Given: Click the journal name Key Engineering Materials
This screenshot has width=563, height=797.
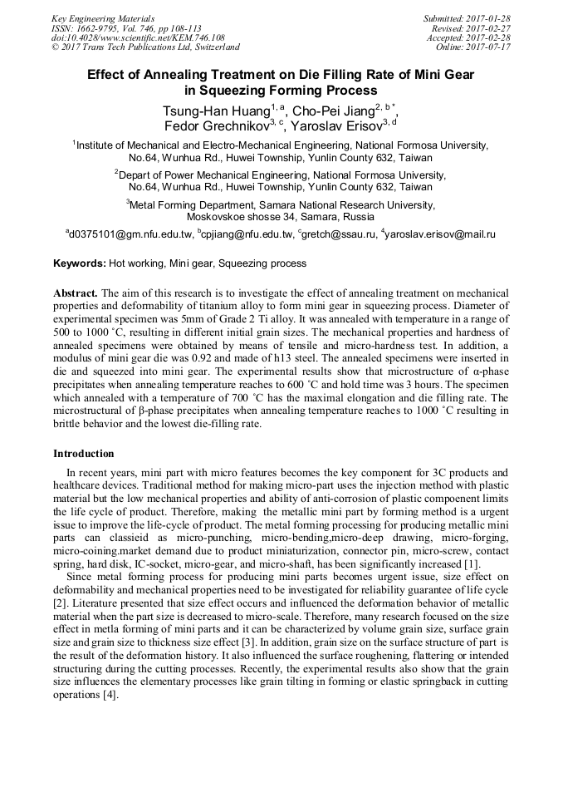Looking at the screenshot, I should click(x=103, y=18).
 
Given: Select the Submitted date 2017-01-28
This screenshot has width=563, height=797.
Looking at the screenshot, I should click(x=489, y=18).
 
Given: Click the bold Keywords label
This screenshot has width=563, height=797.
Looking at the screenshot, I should click(x=80, y=263).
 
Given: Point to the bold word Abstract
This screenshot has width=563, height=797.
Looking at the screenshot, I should click(x=76, y=294).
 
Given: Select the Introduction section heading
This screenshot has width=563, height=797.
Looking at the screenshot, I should click(x=84, y=454).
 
